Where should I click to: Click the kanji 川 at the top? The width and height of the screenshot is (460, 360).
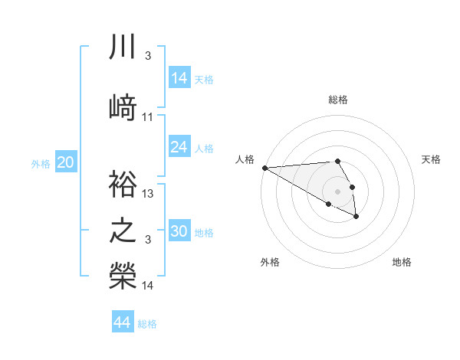123,47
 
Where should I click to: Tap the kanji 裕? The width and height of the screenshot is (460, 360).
123,182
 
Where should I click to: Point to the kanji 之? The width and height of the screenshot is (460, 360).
123,231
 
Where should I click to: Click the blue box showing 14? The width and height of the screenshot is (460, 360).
179,78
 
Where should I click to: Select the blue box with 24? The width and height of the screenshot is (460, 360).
179,148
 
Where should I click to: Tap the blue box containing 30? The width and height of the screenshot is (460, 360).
179,232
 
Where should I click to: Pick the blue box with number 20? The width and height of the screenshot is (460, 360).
66,162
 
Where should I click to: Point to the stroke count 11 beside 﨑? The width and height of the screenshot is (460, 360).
148,117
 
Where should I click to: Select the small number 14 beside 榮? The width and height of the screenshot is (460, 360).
148,286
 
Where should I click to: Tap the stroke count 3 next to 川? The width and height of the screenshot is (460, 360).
148,56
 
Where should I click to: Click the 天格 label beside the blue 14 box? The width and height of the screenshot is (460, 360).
204,79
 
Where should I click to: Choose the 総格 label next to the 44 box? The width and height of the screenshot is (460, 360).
147,323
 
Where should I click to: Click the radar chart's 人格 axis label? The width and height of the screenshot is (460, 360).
245,159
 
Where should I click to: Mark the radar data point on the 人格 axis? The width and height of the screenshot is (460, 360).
264,168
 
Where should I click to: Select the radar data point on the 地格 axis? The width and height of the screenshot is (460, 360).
356,217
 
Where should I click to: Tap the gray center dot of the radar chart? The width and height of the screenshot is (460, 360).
337,190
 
